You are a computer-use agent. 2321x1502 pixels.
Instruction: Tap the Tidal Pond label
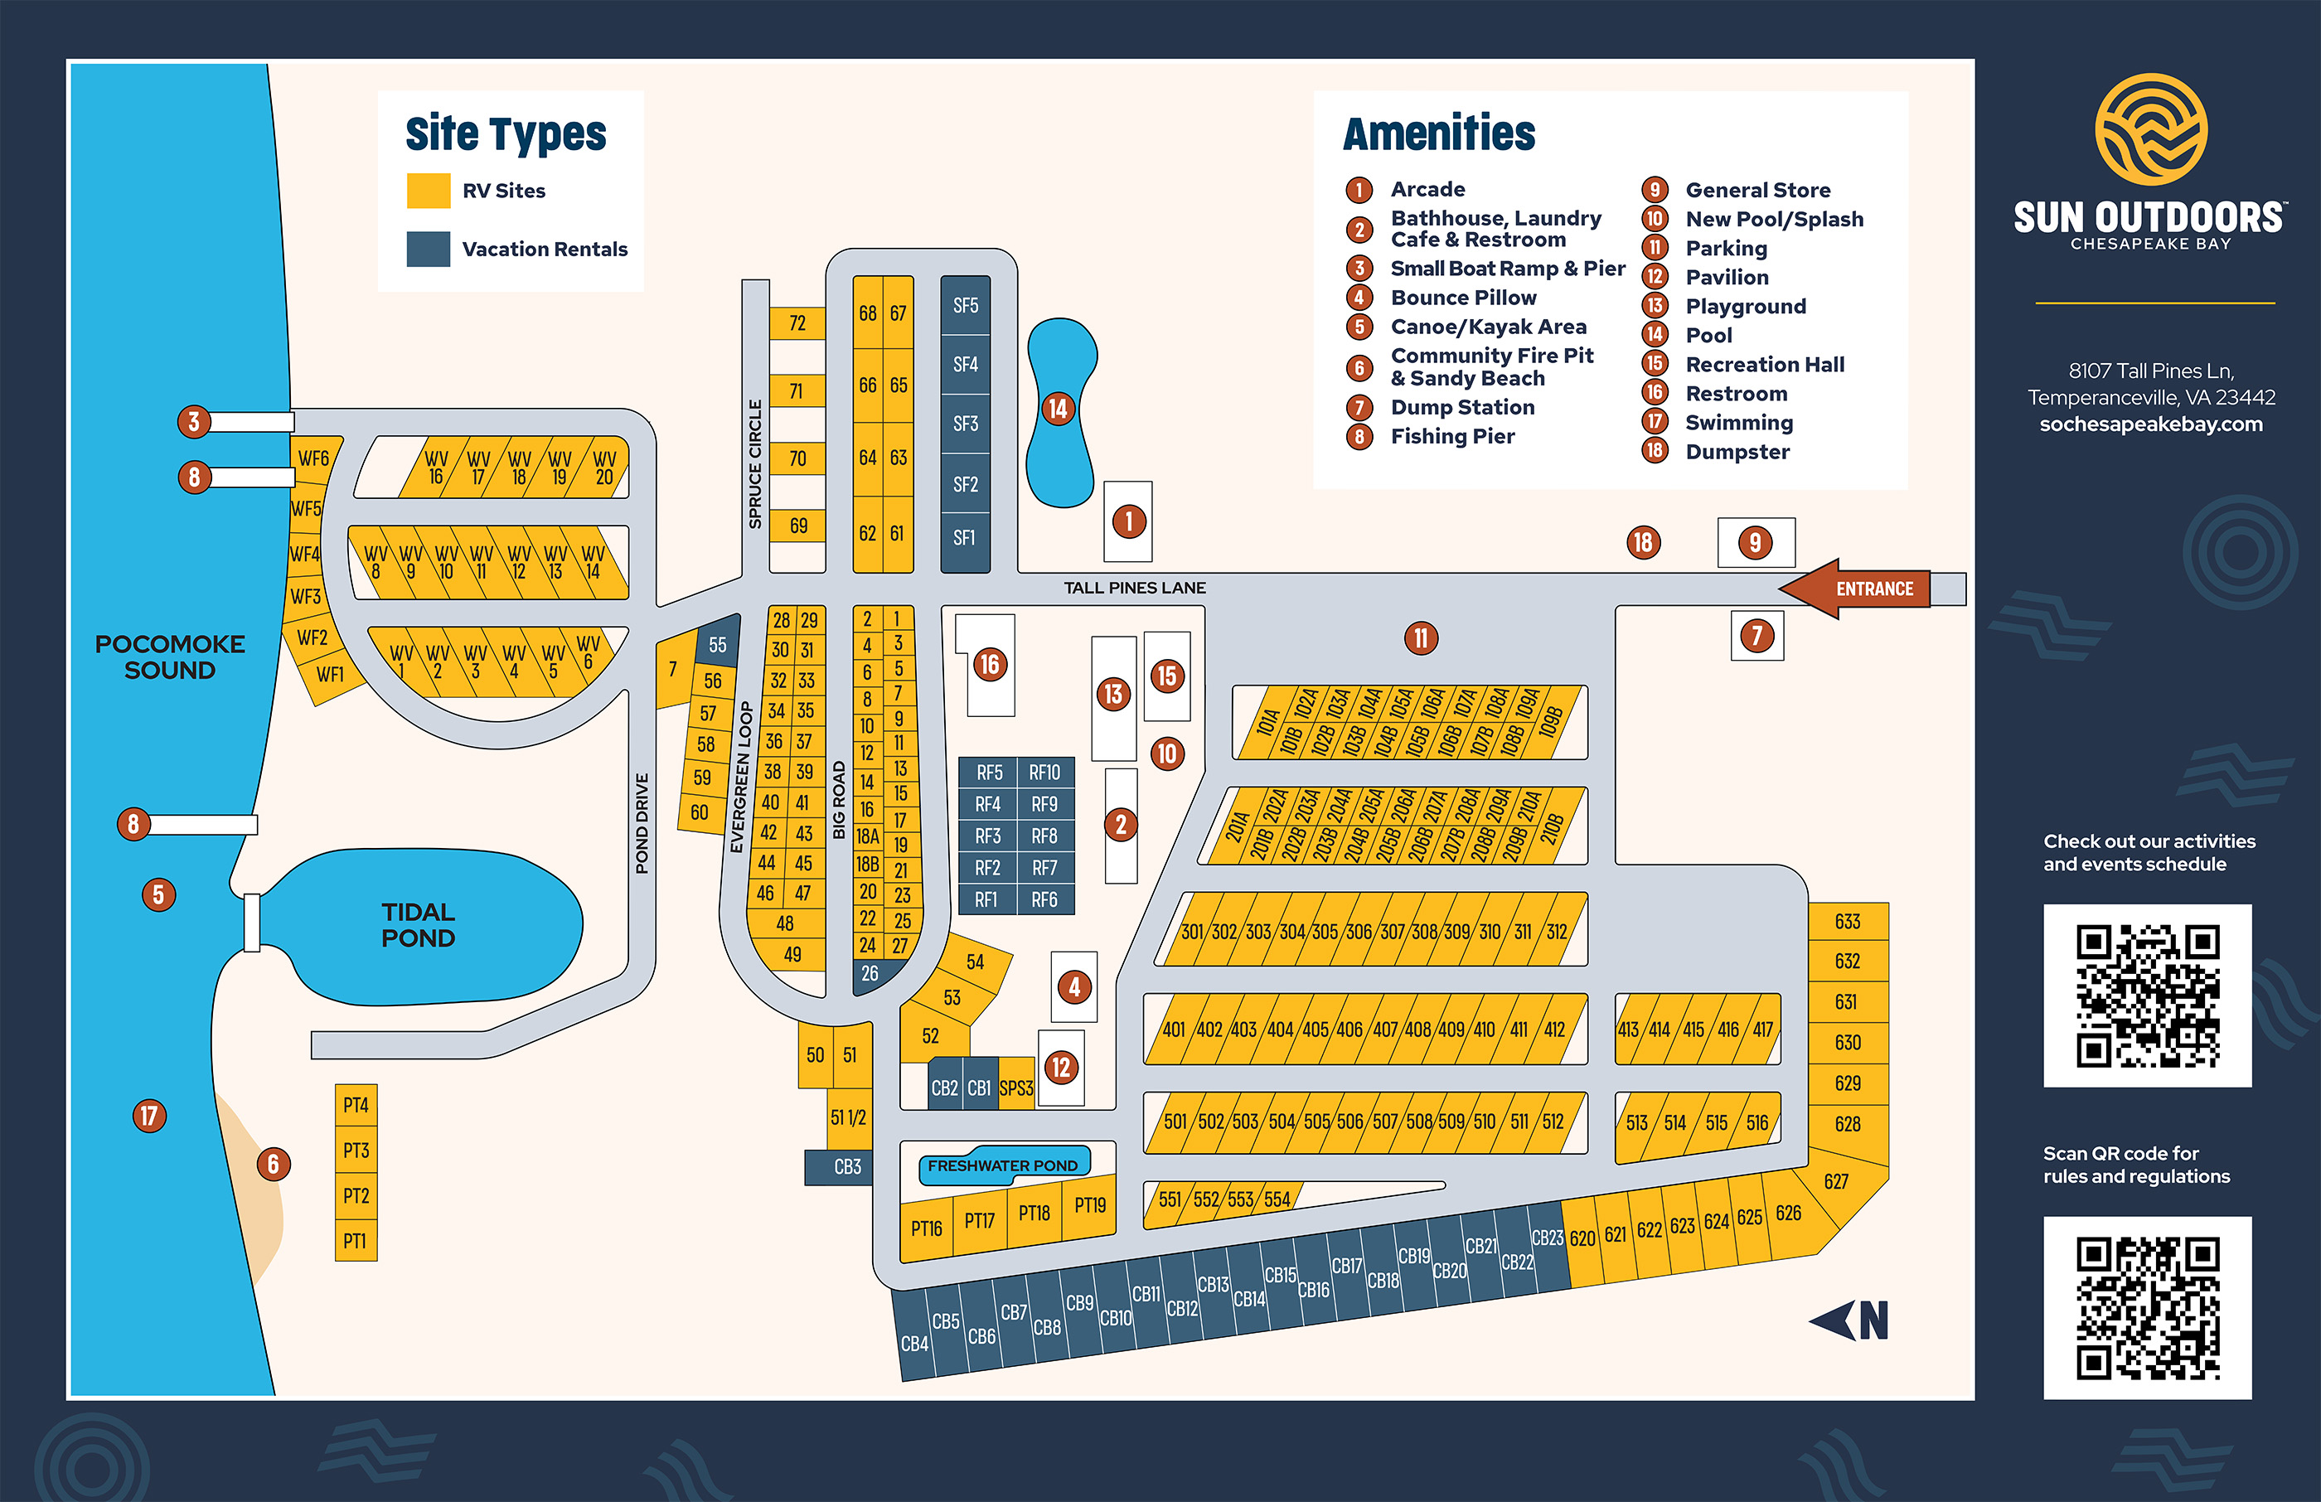point(419,924)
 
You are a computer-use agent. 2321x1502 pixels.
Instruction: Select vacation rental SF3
point(965,424)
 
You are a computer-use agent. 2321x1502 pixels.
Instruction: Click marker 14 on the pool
point(1058,409)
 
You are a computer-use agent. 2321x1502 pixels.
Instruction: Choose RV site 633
point(1847,922)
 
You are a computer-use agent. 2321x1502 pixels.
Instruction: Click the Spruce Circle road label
point(755,464)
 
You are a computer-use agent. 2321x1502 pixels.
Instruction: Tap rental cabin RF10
point(1044,773)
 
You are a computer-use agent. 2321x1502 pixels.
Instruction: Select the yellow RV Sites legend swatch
point(428,191)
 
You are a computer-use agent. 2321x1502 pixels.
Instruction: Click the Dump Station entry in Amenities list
point(1462,408)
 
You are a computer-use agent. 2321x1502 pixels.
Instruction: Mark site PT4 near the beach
point(356,1105)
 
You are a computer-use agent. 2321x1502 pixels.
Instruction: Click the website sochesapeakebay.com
point(2150,424)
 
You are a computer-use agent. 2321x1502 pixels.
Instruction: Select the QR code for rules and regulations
point(2148,1307)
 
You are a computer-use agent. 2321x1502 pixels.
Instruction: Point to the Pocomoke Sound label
point(170,657)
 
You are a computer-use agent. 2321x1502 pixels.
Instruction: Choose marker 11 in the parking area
point(1421,638)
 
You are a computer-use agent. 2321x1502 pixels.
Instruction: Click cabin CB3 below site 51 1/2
point(846,1166)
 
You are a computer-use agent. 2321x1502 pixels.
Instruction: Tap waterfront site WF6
point(313,458)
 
